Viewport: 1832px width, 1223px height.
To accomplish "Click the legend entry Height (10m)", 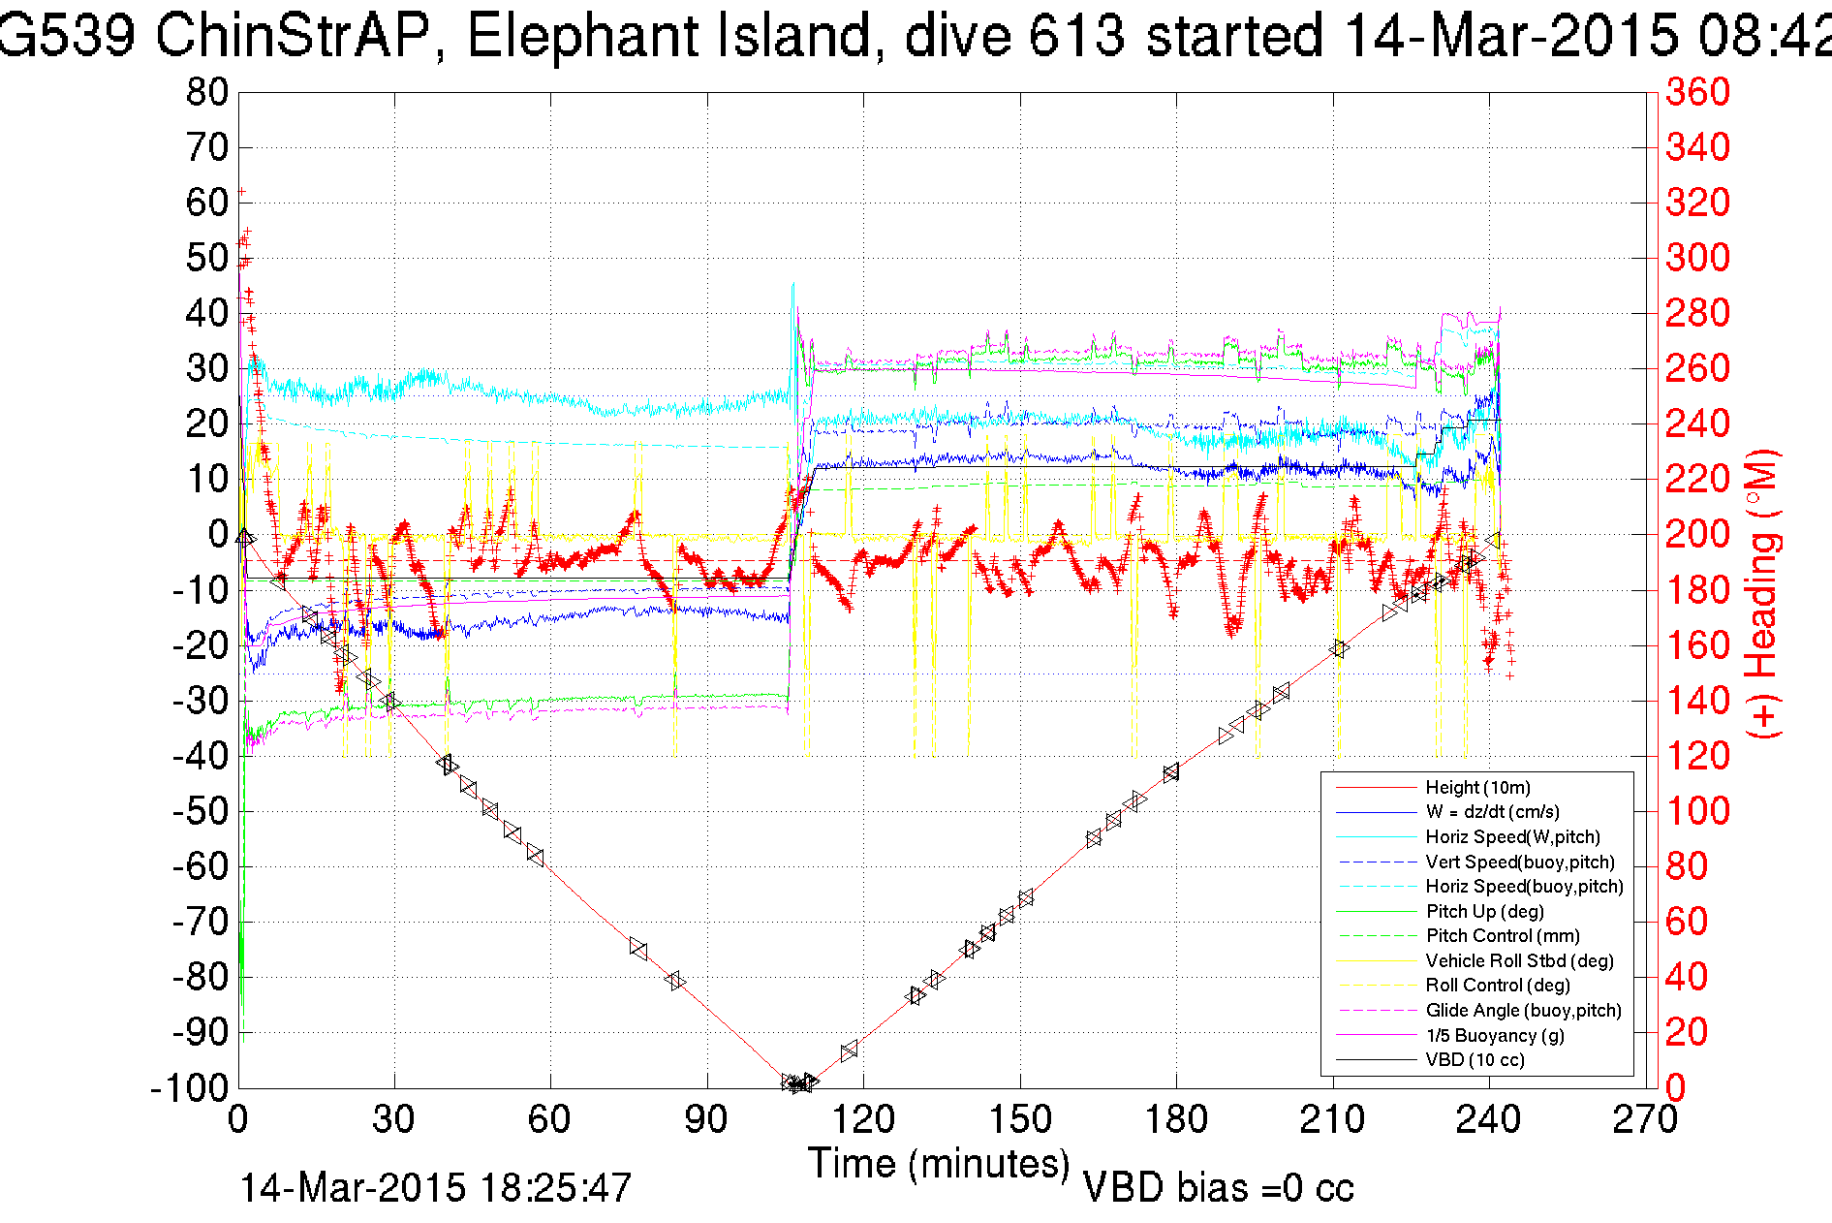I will tap(1477, 788).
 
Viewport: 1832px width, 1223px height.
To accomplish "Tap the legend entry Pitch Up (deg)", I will tap(1484, 911).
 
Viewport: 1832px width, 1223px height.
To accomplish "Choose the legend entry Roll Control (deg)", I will tap(1498, 986).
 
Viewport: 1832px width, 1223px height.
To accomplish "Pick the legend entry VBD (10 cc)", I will tap(1475, 1060).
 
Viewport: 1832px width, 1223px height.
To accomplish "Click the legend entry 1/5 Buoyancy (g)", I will tap(1495, 1035).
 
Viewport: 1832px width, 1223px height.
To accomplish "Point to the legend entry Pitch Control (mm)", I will tap(1503, 936).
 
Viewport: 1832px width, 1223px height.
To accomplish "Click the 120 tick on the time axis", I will tap(863, 1120).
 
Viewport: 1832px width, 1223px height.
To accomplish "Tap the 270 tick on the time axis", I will tap(1645, 1120).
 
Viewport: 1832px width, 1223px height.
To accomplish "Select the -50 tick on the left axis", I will tap(201, 811).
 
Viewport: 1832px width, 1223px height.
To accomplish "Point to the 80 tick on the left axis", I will tap(206, 93).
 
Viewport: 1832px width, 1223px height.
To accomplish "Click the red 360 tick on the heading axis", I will tap(1697, 93).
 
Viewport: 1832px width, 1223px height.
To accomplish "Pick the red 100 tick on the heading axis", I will tap(1697, 811).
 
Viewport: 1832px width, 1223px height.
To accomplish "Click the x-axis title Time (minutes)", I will tap(939, 1163).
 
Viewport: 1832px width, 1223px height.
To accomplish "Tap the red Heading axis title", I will tap(1763, 593).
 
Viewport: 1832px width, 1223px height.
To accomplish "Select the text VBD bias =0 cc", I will tap(1218, 1188).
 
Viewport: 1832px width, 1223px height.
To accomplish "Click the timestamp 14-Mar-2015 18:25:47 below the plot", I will tap(435, 1188).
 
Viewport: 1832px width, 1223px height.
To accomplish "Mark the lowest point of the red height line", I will tap(796, 1084).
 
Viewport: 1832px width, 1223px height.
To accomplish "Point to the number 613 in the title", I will tap(1076, 37).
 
